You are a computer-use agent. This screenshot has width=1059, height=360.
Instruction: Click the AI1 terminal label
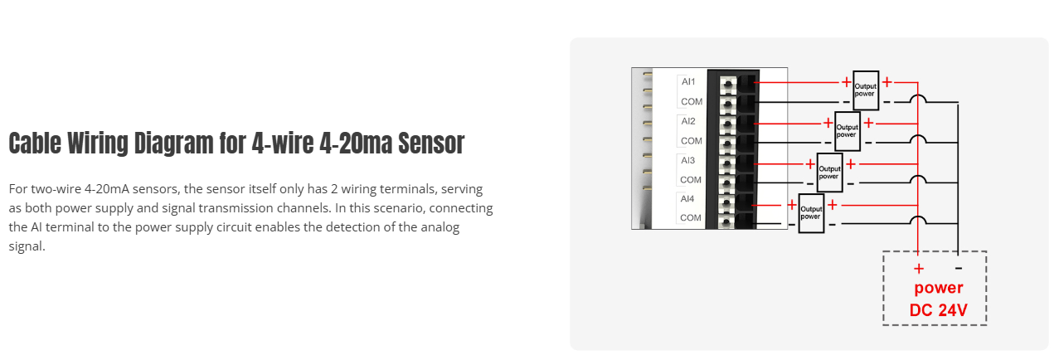(688, 81)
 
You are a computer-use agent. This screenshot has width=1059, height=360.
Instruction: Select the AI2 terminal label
(688, 121)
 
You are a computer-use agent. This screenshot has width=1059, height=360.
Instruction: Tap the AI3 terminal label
(688, 160)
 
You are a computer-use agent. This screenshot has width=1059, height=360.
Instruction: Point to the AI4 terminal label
(688, 199)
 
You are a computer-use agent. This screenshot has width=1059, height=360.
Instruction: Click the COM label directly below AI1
(691, 101)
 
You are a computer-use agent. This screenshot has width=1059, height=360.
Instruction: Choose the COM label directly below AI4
(691, 218)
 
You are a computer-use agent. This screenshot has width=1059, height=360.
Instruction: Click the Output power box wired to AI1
(866, 90)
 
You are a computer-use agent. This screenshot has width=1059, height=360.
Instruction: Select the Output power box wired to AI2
(847, 130)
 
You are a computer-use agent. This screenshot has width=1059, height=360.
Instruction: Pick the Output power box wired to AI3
(829, 172)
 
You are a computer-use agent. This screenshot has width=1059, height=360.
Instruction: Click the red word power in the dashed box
(939, 289)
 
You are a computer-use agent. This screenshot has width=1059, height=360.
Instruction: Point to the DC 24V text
(939, 311)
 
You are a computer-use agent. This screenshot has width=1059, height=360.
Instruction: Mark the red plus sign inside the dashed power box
(919, 269)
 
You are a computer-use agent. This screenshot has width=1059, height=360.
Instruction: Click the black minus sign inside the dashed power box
(959, 269)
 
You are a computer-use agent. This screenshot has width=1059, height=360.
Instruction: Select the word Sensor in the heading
(431, 143)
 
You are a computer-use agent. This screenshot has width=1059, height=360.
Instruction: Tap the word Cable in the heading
(34, 143)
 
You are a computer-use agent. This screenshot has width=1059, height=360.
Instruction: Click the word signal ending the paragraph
(27, 246)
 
